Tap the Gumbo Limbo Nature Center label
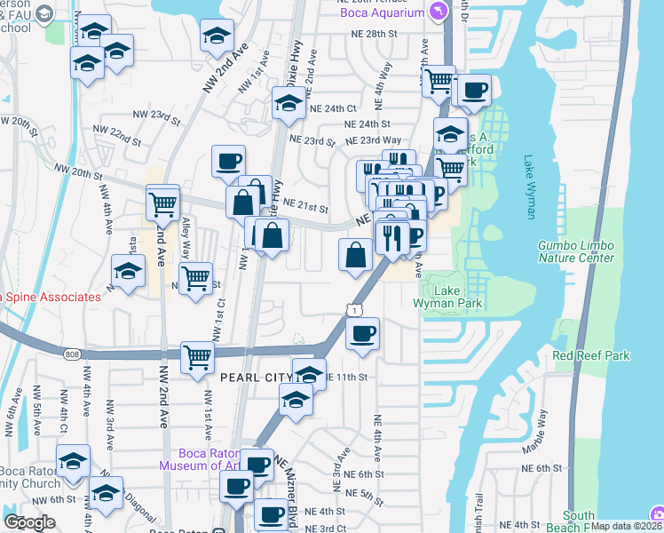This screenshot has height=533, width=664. point(575,251)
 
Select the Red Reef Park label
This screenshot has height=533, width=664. point(590,355)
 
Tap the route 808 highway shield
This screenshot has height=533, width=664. point(71,354)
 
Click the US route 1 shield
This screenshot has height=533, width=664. point(354,309)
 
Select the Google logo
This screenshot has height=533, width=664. point(29,521)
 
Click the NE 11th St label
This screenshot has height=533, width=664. point(347,377)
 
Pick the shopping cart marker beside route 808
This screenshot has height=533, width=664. point(197,356)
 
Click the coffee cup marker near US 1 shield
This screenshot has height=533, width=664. point(362,333)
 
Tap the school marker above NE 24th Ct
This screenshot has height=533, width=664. point(289,103)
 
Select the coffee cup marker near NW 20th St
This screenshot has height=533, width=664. point(228,162)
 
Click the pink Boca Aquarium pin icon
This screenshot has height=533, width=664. point(437,11)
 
